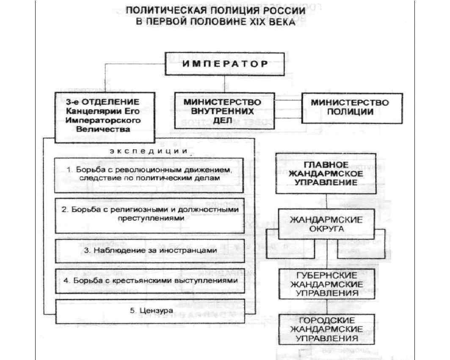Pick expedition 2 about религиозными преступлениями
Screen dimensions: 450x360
(x=149, y=214)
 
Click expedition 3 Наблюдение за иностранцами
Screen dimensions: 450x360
(x=149, y=250)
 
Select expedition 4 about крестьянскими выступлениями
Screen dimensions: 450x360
(x=149, y=280)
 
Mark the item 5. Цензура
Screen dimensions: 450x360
(x=149, y=311)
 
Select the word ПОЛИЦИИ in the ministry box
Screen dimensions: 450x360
(x=350, y=113)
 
